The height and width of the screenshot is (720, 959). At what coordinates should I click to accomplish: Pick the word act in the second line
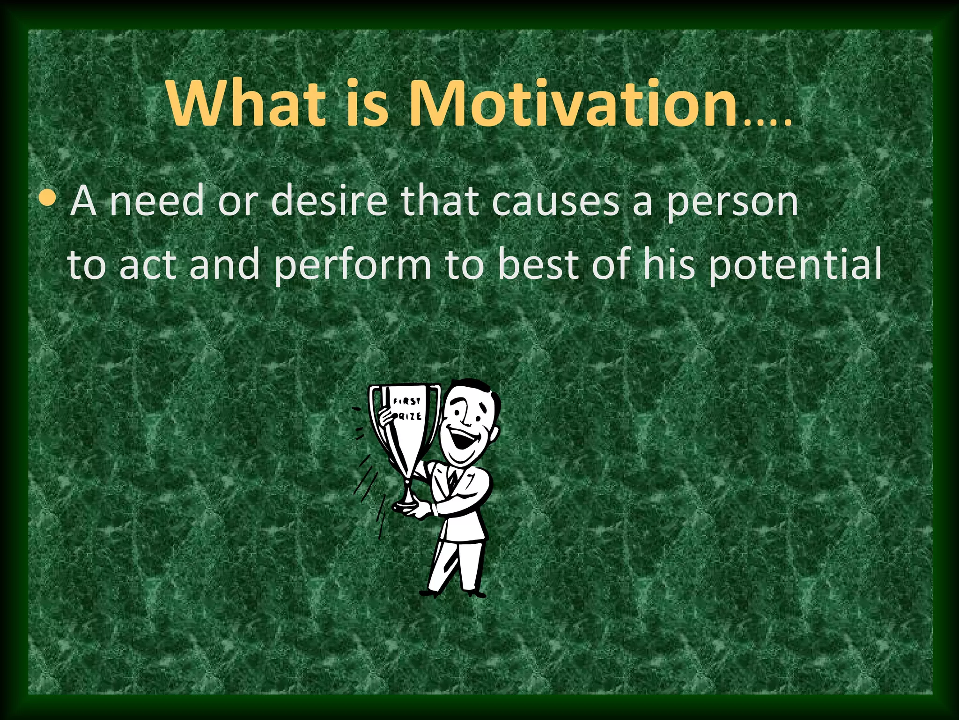[147, 265]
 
